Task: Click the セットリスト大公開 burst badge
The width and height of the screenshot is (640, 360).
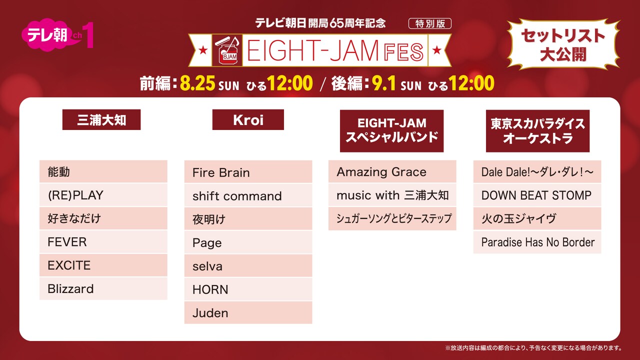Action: [x=562, y=44]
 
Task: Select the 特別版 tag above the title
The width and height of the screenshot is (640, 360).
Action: [x=429, y=23]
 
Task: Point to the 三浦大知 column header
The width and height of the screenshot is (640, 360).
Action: [x=101, y=120]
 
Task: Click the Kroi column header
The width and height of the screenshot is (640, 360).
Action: [x=248, y=120]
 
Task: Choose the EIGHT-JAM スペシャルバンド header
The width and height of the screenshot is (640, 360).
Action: [x=392, y=130]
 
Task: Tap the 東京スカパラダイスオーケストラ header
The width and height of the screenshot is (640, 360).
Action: [x=537, y=130]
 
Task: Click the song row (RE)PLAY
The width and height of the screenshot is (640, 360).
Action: [x=103, y=195]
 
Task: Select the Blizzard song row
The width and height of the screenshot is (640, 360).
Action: [x=103, y=288]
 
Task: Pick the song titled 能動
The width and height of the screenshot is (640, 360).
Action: [x=103, y=171]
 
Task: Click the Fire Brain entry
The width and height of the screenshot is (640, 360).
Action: [x=248, y=172]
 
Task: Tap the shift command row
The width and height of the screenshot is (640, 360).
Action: [x=248, y=195]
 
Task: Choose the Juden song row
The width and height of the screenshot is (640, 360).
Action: [x=248, y=312]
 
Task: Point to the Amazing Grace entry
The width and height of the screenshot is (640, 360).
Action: [x=392, y=171]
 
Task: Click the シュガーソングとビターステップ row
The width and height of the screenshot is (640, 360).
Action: [x=392, y=218]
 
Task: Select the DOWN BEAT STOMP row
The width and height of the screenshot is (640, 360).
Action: [x=537, y=195]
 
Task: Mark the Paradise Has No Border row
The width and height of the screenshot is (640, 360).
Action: [x=537, y=242]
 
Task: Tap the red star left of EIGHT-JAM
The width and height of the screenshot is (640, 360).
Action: [x=203, y=50]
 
